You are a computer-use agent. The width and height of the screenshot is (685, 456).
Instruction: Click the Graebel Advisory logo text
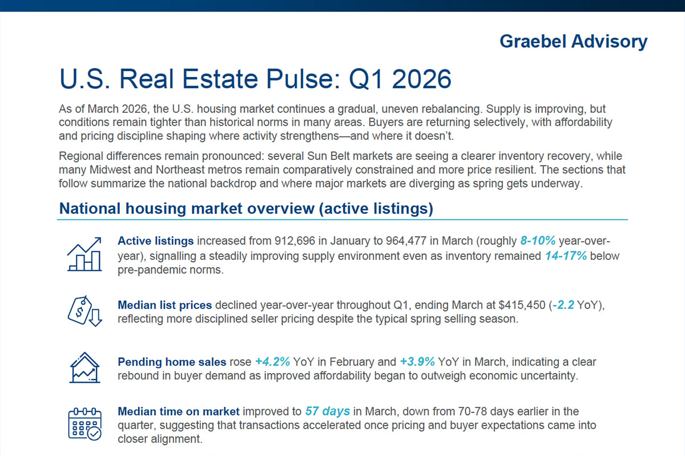coord(573,42)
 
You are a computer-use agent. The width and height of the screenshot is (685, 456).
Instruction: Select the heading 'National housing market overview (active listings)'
coord(246,209)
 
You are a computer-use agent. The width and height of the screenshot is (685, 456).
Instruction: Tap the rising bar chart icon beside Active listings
coord(84,254)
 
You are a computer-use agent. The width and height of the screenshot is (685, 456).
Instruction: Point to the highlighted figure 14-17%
coord(565,256)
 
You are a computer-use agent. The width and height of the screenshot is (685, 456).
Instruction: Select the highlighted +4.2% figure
coord(272,362)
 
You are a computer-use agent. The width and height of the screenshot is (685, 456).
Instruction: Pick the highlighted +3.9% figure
coord(417,362)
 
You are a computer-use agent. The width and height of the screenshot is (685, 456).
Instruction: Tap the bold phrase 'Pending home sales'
coord(172,362)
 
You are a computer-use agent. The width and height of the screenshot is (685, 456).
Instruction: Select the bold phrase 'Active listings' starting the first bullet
coord(155,241)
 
